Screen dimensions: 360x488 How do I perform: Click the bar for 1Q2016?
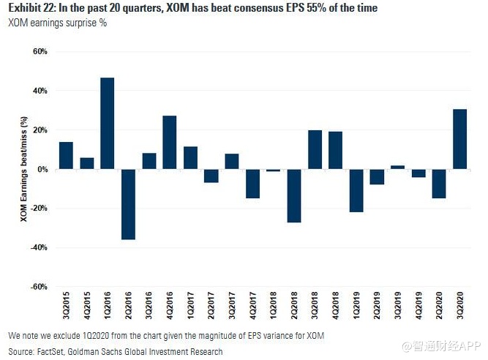107,123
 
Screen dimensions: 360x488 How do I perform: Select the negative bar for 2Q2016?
128,204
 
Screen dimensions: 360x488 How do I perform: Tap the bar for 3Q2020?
460,139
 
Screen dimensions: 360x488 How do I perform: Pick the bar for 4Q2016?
170,142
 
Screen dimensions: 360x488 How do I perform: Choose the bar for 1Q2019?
356,190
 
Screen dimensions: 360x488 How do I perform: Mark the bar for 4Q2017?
252,184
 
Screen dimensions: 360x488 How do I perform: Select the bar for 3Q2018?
315,149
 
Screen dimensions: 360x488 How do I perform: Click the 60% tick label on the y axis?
39,52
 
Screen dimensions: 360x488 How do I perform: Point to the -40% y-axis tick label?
37,247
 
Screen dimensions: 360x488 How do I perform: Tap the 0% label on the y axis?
42,169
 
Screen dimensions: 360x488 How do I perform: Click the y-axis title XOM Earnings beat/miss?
24,169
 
